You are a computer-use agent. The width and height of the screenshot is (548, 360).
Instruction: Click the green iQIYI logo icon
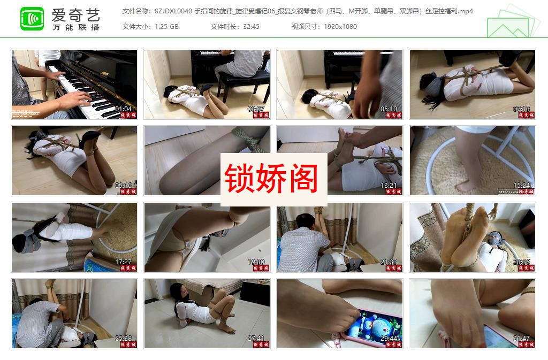32,19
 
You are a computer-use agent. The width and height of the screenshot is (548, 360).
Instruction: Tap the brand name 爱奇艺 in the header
75,15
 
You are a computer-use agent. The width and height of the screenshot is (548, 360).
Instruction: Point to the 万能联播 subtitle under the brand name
75,27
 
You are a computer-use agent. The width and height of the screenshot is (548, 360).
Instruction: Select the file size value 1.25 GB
166,27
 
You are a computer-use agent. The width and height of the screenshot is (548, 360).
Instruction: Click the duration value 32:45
250,27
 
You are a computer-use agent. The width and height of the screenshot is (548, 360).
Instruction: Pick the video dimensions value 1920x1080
340,27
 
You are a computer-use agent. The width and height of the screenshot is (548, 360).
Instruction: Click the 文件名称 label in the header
136,11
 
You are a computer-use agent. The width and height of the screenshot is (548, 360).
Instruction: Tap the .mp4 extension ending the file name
466,11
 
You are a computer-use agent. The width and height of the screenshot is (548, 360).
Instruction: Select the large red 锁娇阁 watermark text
271,178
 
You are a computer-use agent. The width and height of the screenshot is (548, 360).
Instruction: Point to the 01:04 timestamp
123,109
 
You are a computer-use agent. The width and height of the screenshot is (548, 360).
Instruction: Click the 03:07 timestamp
256,109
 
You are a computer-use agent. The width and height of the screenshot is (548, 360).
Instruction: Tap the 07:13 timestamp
521,109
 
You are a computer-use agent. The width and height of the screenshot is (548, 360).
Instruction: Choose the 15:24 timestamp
521,186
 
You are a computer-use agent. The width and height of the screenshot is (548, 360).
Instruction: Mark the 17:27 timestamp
123,262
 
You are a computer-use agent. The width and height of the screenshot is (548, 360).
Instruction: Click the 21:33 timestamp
389,262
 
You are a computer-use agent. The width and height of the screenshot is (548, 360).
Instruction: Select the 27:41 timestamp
256,338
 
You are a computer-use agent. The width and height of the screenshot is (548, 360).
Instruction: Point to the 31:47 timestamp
521,338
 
